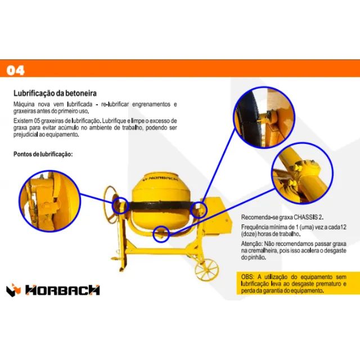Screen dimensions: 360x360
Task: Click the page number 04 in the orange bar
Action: click(15, 70)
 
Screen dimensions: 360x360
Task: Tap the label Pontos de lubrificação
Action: click(43, 154)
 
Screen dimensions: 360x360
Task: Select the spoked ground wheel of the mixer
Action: click(206, 268)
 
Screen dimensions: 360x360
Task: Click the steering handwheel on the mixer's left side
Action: click(112, 202)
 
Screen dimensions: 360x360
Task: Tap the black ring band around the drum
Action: click(163, 205)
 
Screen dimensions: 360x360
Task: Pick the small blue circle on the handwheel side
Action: click(121, 204)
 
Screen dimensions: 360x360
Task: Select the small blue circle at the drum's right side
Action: click(199, 209)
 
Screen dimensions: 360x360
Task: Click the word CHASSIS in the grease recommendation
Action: click(307, 217)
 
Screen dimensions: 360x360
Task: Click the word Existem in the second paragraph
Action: click(24, 121)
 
